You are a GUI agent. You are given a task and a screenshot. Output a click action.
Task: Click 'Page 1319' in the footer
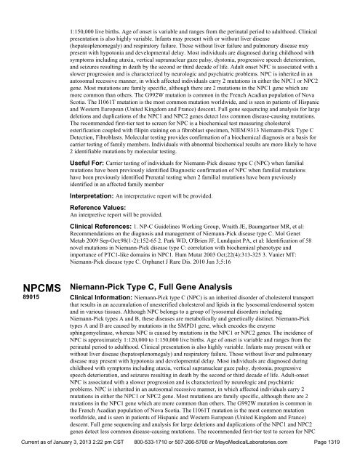point(334,456)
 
